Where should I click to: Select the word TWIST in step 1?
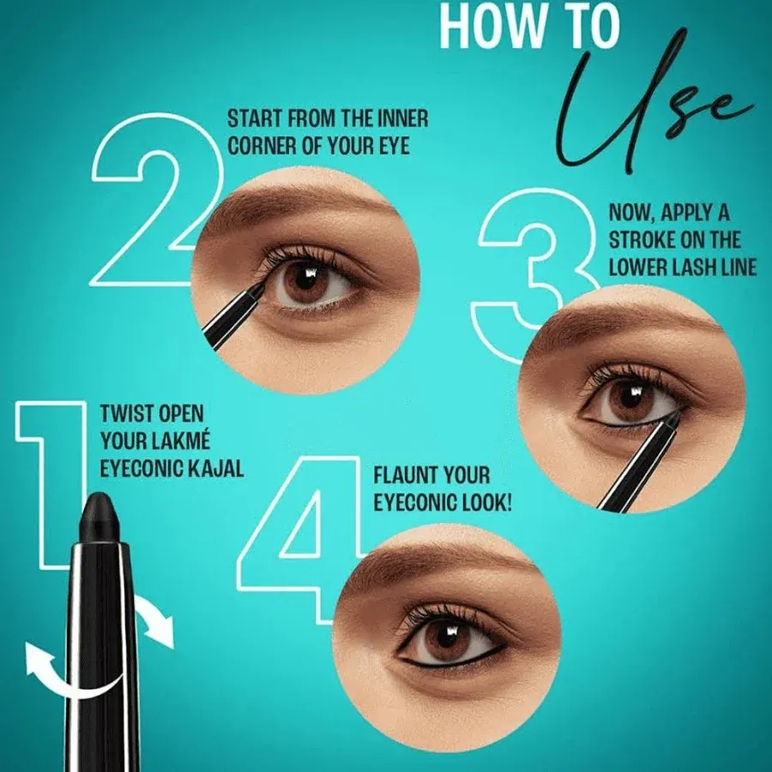click(124, 413)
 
